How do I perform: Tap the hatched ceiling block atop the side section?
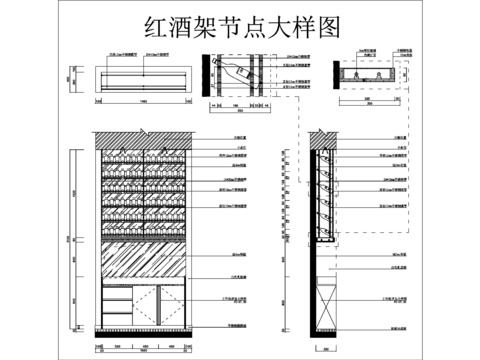[x=322, y=139]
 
